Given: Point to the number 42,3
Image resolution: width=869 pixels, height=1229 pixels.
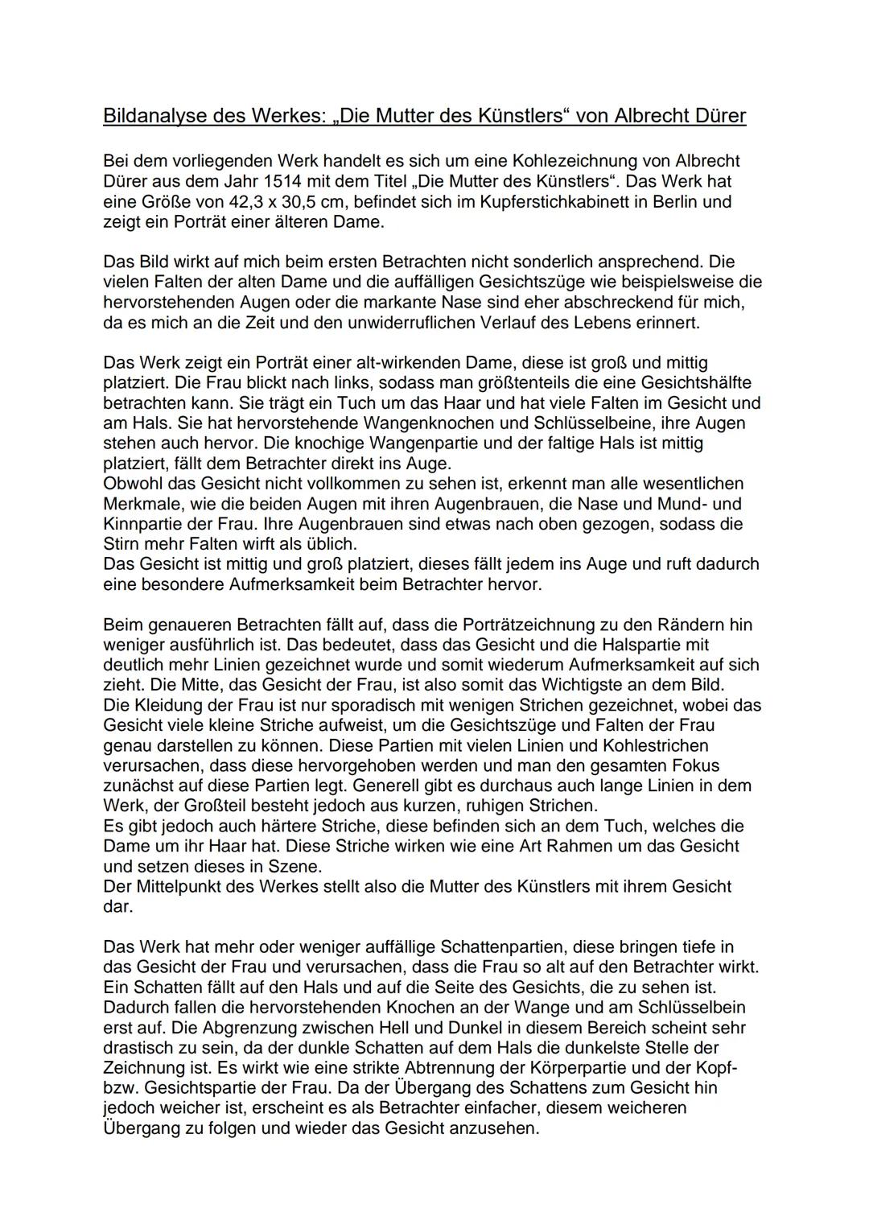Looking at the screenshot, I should [x=253, y=202].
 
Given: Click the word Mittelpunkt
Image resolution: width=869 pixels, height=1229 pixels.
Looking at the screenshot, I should [x=179, y=886].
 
